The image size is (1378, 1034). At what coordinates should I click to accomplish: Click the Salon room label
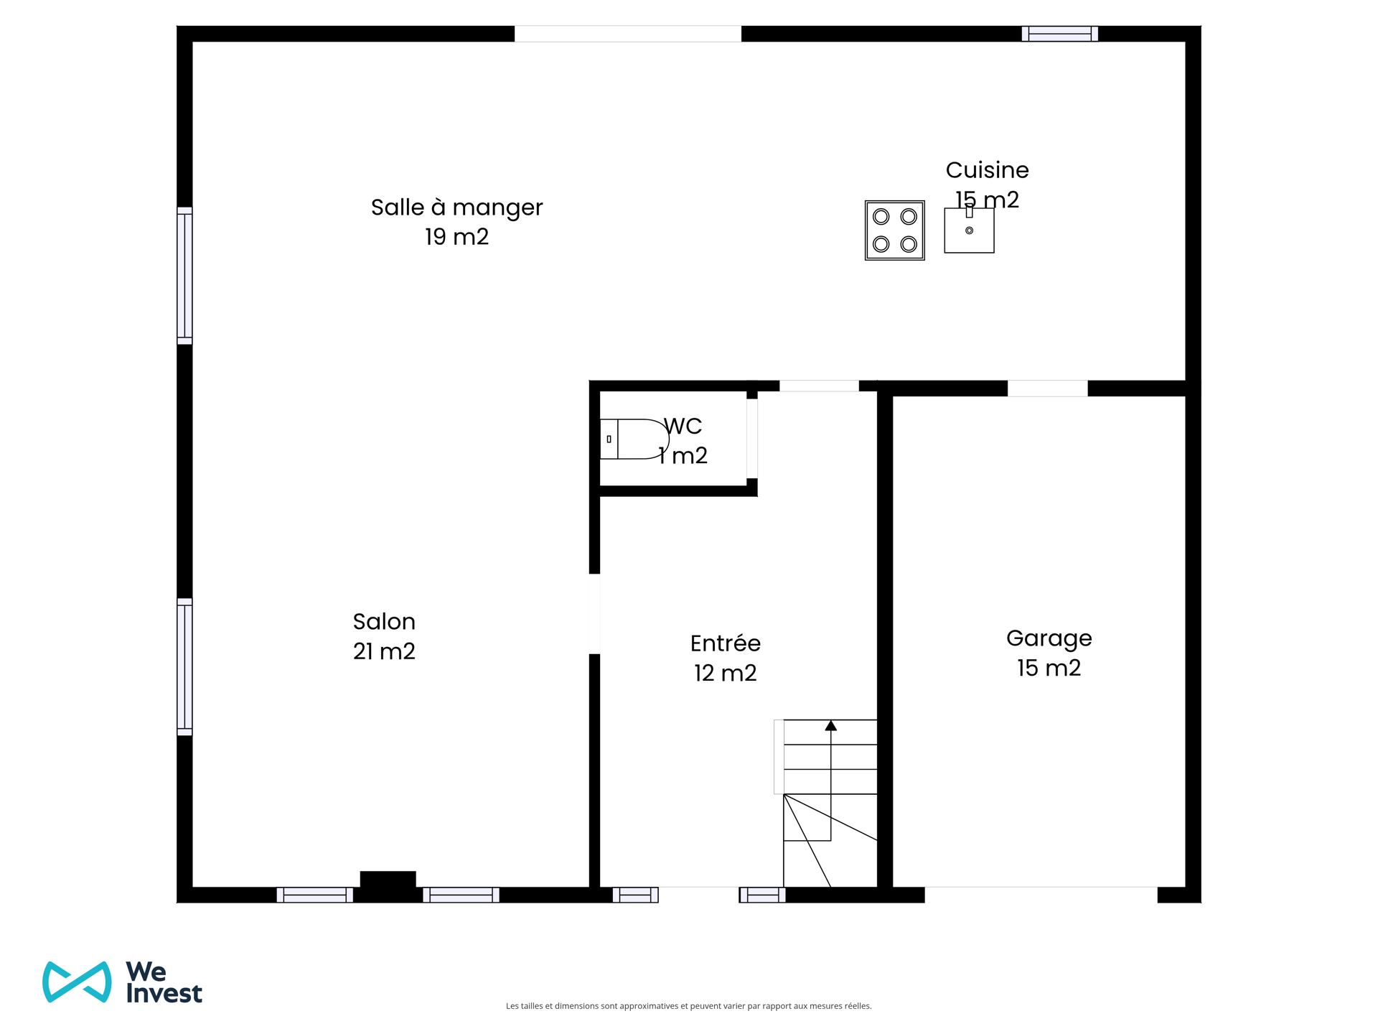pos(384,622)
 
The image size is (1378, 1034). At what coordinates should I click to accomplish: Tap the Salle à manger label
pos(456,208)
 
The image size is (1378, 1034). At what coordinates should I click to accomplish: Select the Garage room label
pos(1049,638)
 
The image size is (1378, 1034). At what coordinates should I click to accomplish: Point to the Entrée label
pos(725,643)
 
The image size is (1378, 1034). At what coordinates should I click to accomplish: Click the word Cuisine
pos(987,170)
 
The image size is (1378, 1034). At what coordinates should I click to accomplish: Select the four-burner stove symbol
pos(894,230)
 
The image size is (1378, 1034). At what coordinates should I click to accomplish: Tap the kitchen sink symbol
pos(969,230)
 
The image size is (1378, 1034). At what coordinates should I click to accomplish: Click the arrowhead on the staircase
pos(830,726)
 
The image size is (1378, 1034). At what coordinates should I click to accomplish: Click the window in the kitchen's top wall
pos(1059,34)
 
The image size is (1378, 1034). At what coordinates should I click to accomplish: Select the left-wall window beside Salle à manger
pos(184,276)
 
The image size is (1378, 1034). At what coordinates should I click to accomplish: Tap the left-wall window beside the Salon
pos(184,667)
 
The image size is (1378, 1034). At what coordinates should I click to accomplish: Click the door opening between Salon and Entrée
pos(594,614)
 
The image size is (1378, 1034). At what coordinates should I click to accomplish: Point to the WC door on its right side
pos(751,438)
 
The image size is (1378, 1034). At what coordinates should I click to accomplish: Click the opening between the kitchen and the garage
pos(1047,388)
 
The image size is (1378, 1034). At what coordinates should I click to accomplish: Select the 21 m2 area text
pos(384,651)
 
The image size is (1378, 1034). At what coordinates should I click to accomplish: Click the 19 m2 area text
pos(456,237)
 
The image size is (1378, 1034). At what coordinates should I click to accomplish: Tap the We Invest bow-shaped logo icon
pos(77,982)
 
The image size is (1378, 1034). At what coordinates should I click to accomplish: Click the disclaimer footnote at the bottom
pos(688,1006)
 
